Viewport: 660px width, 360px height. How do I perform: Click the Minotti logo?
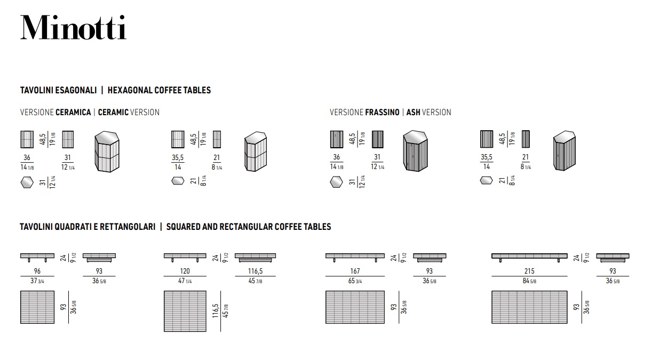74,27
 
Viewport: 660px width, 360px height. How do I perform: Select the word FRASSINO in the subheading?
382,112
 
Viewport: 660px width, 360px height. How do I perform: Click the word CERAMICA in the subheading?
73,112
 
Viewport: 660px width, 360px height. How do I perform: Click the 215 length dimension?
529,271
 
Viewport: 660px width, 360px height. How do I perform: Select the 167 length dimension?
355,271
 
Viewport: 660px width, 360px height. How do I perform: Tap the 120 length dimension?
185,271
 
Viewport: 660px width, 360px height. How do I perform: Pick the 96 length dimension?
37,271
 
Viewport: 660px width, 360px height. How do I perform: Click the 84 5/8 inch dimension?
529,281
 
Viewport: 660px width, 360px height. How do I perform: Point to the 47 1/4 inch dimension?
185,281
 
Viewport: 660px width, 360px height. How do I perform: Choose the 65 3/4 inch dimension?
355,281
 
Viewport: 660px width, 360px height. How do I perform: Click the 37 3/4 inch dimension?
37,281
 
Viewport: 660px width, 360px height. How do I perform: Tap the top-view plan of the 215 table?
529,307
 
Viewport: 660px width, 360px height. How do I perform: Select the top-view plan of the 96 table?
37,307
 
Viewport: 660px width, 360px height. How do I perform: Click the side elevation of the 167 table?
355,257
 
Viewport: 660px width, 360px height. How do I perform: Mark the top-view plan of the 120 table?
185,311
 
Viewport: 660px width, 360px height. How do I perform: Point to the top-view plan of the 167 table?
355,307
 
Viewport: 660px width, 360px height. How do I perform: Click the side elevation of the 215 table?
529,257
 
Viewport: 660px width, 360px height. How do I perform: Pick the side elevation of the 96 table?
37,257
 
